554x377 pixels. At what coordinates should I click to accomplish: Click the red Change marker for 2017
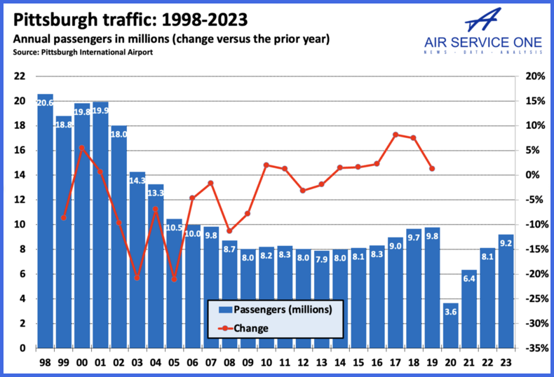point(396,135)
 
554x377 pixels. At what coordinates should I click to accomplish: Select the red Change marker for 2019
point(432,169)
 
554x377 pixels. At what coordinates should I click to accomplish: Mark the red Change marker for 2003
point(137,278)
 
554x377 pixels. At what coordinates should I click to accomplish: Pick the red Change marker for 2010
point(266,165)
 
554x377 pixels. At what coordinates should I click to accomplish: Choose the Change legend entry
point(252,327)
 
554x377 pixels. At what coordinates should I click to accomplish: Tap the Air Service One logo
point(484,32)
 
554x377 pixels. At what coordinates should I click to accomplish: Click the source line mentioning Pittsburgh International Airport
point(81,52)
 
